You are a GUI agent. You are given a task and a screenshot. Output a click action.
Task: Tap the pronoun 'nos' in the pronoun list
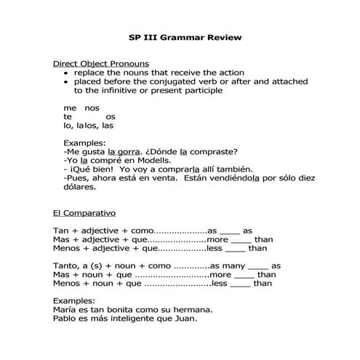coord(92,107)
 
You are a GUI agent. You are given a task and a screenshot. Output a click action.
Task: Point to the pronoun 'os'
coord(110,116)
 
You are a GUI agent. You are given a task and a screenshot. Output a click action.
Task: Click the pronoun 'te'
coord(68,116)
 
